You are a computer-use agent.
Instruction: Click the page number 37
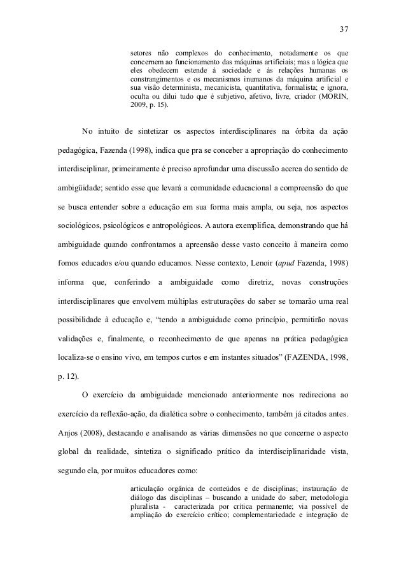pyautogui.click(x=344, y=29)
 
